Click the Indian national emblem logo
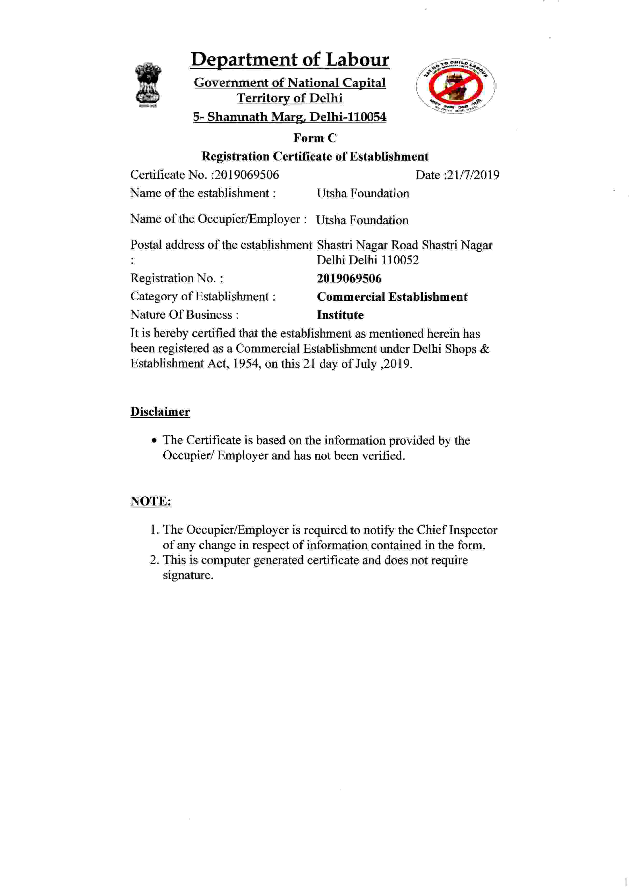coord(148,84)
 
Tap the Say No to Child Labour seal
coord(455,86)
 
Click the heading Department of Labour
coord(290,60)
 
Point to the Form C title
coord(315,138)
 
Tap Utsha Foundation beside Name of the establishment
coord(363,193)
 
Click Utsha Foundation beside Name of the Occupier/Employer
coord(362,220)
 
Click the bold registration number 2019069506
coord(349,279)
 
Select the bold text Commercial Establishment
coord(392,297)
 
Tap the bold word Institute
coord(340,315)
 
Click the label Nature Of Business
coord(181,314)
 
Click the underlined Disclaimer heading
coord(160,412)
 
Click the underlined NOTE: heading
coord(151,501)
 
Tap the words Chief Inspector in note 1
coord(457,530)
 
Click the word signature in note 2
coord(187,575)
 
